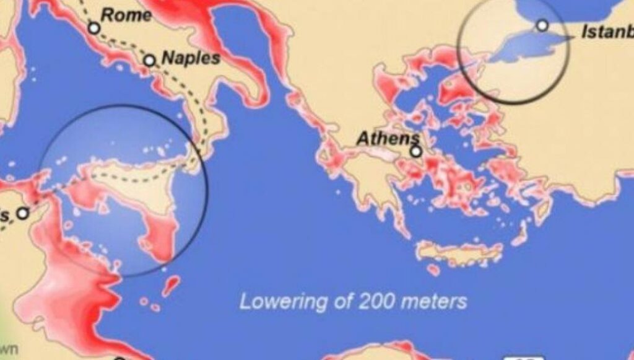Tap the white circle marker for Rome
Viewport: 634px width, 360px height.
tap(93, 28)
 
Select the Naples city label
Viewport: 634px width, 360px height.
tap(191, 58)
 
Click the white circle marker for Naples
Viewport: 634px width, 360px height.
tap(149, 61)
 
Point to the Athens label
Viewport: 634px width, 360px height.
tap(388, 138)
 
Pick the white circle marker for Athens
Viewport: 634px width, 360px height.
tap(416, 151)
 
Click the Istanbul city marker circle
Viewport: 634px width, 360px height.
tap(542, 25)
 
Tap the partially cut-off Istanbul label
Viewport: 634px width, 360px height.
tap(607, 32)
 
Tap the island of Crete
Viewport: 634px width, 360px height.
tap(458, 252)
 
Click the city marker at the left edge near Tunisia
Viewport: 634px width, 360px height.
tap(22, 213)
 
